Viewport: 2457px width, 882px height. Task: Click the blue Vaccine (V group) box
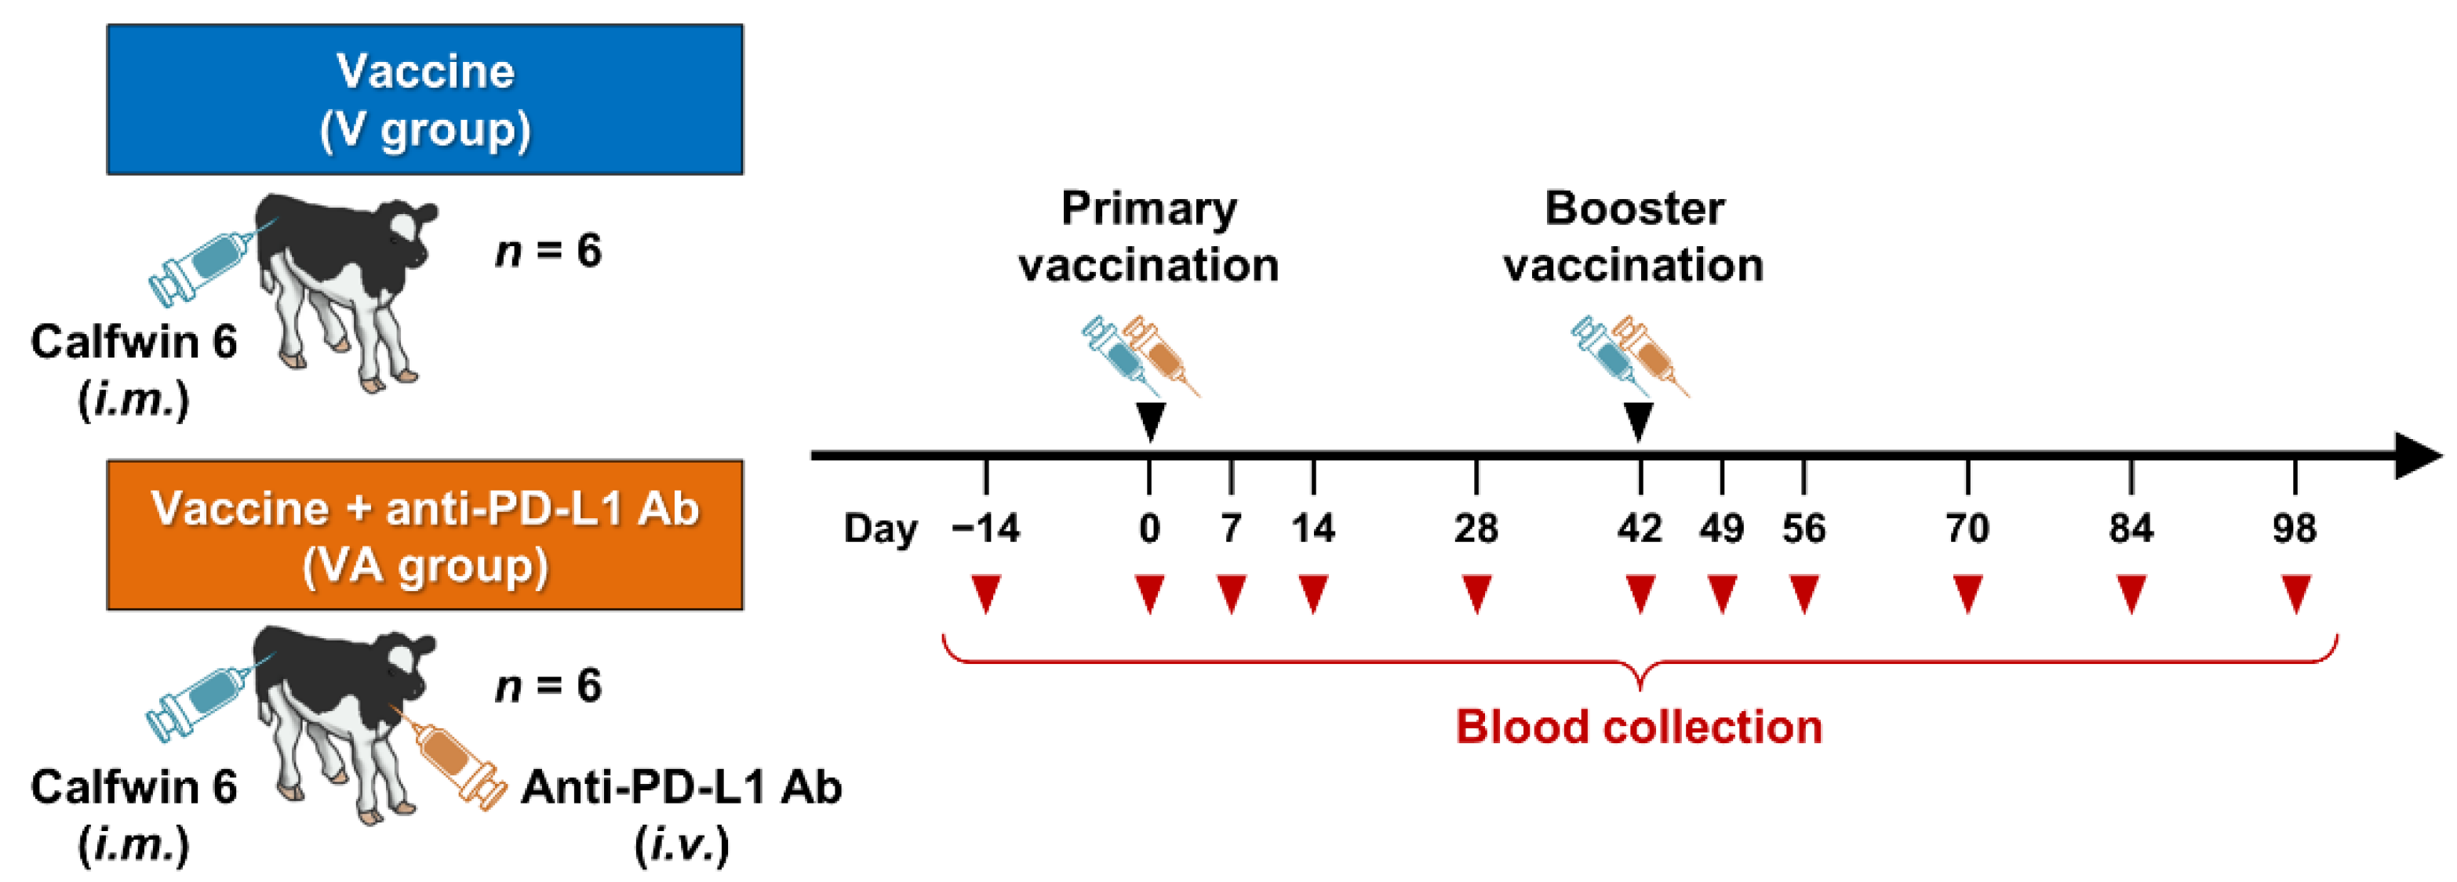pos(424,99)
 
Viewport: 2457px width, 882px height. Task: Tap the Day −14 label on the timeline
pos(985,528)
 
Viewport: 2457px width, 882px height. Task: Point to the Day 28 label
pos(1476,528)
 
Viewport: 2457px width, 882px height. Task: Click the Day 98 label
pos(2294,528)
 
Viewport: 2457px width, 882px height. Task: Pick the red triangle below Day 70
pos(1967,593)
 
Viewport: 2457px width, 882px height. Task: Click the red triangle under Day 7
pos(1232,593)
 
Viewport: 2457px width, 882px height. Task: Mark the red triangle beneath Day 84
pos(2131,593)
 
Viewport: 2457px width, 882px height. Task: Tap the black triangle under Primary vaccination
pos(1150,420)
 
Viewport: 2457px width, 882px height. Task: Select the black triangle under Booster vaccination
pos(1639,420)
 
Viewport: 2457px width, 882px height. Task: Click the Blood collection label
pos(1639,727)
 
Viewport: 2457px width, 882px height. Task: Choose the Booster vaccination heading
pos(1634,237)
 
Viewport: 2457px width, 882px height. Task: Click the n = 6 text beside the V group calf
pos(548,251)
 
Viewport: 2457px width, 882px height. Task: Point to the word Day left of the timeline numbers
pos(879,528)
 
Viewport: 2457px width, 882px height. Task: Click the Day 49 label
pos(1720,528)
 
